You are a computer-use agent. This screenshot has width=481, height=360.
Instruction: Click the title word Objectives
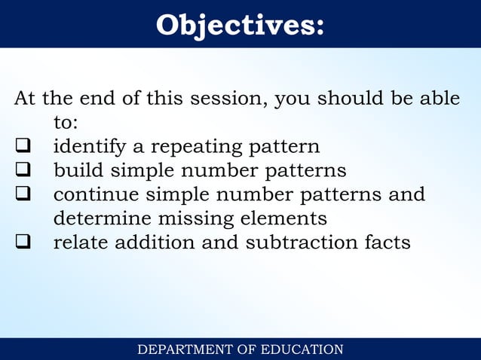[240, 25]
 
